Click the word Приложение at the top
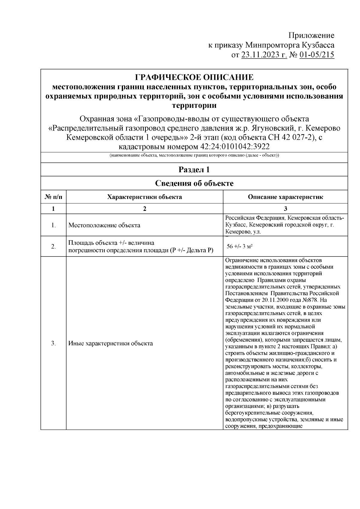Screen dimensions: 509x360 tap(311, 35)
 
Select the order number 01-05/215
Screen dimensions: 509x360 tap(316, 55)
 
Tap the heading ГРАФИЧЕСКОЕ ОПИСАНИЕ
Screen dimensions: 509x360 tap(194, 77)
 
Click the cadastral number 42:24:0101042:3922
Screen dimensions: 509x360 tap(234, 147)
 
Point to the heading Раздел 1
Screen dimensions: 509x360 tap(194, 170)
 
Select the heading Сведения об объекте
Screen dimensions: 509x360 tap(194, 183)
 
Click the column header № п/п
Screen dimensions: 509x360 tap(53, 197)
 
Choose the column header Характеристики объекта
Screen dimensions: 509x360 tap(145, 197)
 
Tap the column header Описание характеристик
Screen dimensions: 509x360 tap(285, 197)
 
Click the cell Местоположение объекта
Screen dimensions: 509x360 tap(104, 225)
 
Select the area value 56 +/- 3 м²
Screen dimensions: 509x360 tap(239, 246)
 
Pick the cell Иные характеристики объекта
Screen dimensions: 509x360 tap(110, 343)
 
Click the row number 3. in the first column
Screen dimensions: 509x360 tap(53, 343)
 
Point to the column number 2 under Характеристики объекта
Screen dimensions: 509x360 tap(145, 209)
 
